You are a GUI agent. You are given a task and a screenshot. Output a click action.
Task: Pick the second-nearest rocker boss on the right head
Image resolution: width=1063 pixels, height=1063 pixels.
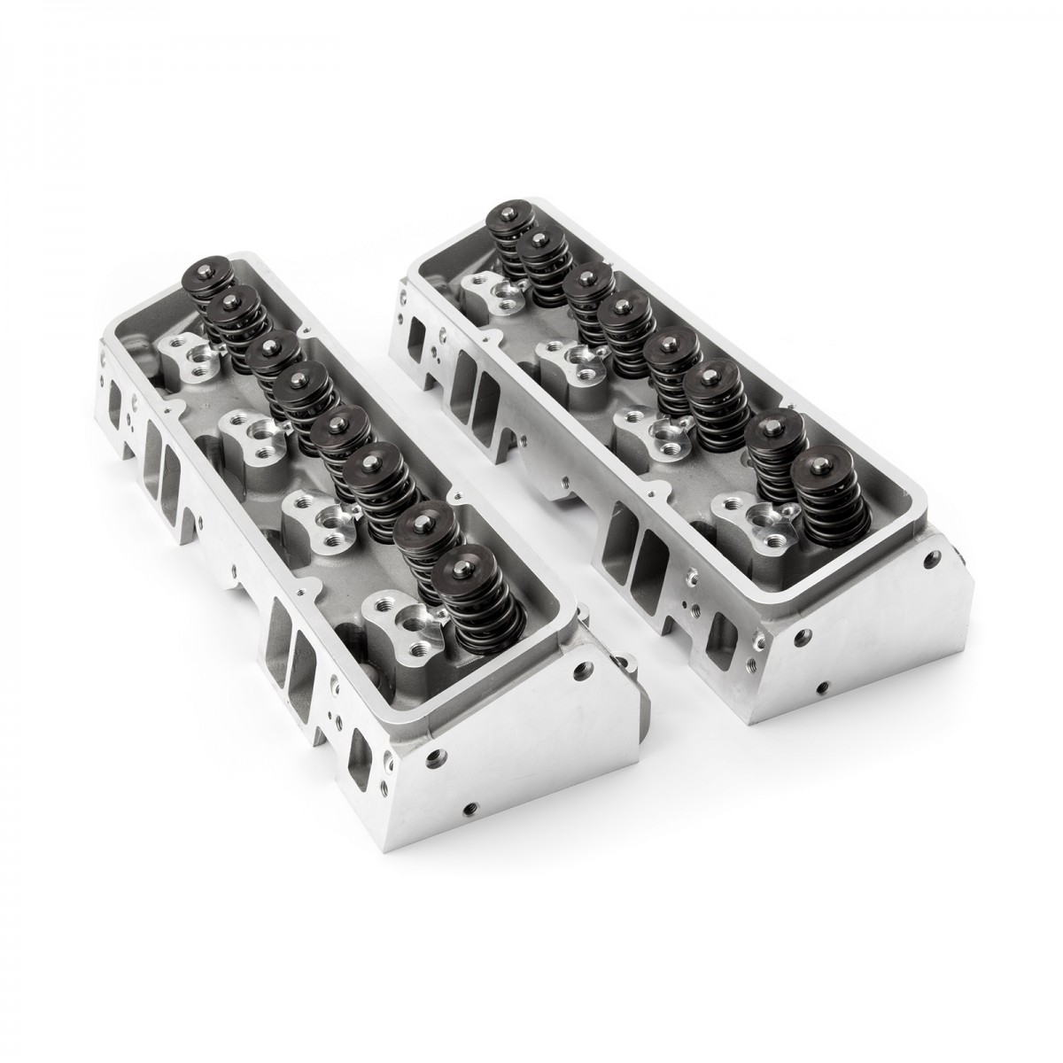point(656,429)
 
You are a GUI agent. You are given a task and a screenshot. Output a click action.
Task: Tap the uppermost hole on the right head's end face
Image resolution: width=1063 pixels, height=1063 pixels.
point(929,562)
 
